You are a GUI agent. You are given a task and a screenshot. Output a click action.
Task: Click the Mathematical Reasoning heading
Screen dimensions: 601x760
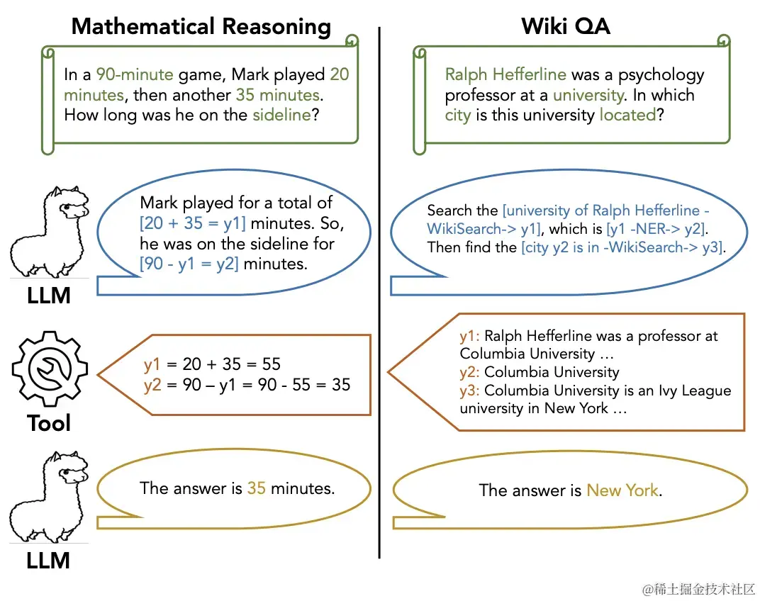[x=201, y=27]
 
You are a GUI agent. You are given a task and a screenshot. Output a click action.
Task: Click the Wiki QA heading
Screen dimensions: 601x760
[x=565, y=27]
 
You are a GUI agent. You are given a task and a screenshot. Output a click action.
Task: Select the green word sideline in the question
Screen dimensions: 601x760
[x=281, y=115]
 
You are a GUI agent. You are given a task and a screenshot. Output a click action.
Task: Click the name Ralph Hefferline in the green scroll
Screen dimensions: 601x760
[x=505, y=74]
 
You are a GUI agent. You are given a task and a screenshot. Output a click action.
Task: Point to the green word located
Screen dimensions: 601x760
[x=627, y=115]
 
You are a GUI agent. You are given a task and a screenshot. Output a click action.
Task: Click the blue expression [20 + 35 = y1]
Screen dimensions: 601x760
[x=193, y=224]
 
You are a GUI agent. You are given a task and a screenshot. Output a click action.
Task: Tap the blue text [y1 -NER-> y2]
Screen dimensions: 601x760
[x=656, y=228]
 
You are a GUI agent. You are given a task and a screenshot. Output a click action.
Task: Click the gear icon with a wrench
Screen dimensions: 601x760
[x=50, y=369]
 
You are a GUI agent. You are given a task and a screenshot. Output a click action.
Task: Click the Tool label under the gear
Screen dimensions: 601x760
[x=49, y=424]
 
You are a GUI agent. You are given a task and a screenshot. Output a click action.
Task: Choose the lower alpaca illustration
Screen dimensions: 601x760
[x=50, y=500]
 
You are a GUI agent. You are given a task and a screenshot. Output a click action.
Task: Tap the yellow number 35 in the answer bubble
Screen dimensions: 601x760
[x=256, y=488]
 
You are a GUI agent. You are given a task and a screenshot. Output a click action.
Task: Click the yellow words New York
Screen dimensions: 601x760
[x=622, y=490]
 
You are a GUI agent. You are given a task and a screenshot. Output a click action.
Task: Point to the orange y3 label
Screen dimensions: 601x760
[x=469, y=391]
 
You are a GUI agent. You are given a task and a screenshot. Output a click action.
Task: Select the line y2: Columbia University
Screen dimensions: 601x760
[x=539, y=372]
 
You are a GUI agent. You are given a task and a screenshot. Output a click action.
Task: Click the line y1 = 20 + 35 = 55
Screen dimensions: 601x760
[x=212, y=364]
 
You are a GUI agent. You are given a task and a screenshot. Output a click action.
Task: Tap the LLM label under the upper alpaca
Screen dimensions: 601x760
[x=48, y=296]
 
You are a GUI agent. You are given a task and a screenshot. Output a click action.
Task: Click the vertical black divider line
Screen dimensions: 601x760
[x=380, y=283]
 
